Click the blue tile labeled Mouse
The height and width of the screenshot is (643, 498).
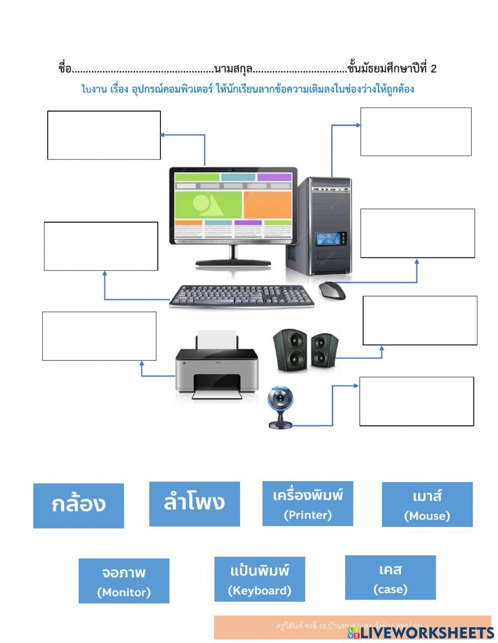point(427,505)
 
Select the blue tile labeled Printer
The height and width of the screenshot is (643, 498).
point(307,504)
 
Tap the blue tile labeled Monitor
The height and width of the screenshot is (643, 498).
point(124,581)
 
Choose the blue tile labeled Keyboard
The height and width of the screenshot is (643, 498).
point(259,579)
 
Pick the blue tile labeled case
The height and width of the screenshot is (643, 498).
point(390,578)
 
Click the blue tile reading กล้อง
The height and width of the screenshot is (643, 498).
point(78,506)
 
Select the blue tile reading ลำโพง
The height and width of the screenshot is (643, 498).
point(194,504)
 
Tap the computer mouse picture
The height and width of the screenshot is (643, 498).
point(332,289)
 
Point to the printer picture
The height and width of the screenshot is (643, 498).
point(217,369)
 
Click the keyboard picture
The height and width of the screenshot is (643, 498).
point(242,297)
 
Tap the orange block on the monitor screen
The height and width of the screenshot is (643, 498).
point(267,205)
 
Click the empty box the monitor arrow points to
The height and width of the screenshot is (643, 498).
point(104,135)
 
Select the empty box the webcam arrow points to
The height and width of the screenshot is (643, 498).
point(416,401)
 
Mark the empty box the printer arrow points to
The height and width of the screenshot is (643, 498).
point(99,336)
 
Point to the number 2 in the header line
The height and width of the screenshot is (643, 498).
point(433,69)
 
